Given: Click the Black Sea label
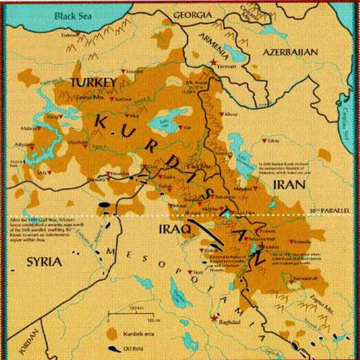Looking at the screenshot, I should [x=73, y=16].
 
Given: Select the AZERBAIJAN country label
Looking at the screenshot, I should [x=290, y=52].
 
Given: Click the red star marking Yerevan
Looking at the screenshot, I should [x=214, y=63].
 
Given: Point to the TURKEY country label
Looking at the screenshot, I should [x=93, y=82].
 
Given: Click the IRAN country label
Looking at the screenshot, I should [x=289, y=184].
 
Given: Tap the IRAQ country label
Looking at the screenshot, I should [x=174, y=230].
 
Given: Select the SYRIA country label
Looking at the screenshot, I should [x=44, y=262].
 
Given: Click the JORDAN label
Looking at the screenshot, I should [x=29, y=342].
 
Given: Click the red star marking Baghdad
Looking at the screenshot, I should [x=214, y=318].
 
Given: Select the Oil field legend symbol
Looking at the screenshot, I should [x=114, y=349].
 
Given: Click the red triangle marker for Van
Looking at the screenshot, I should [x=181, y=127].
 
